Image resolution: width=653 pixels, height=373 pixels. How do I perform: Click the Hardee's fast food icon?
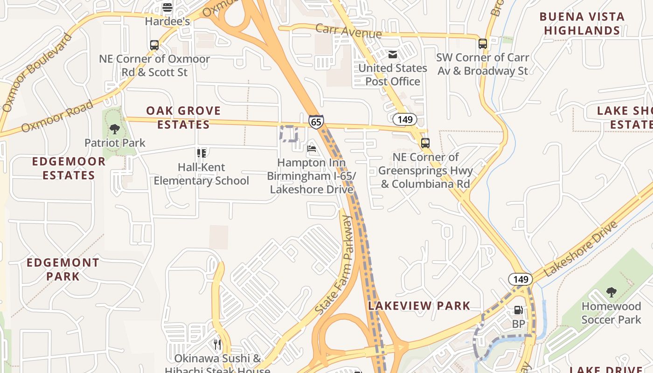pos(167,7)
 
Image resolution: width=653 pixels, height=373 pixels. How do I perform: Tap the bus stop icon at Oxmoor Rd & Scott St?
pos(154,45)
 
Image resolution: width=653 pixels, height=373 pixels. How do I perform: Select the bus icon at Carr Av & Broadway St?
pos(483,44)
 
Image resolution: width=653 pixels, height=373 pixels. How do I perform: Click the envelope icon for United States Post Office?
pos(393,55)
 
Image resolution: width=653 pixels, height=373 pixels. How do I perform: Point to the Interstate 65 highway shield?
pos(316,122)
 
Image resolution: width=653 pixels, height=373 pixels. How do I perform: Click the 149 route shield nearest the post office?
pos(405,119)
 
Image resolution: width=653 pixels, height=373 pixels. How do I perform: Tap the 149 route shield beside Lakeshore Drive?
pos(521,279)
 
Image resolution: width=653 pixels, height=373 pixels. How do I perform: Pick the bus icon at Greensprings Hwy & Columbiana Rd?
pos(425,143)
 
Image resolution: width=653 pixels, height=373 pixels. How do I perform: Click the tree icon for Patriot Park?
pos(115,129)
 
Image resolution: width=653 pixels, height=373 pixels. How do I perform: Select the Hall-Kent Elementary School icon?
pos(201,153)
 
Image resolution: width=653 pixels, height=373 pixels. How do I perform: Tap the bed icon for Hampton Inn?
pos(312,149)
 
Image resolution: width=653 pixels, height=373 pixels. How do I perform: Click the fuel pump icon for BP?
pos(518,310)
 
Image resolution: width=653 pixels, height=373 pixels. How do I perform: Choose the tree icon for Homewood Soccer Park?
pos(611,292)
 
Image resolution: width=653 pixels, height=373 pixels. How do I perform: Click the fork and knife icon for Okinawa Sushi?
pos(217,345)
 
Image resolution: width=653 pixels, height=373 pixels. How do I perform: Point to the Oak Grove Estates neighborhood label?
pos(183,117)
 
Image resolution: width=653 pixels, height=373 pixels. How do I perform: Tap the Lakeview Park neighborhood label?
pos(419,306)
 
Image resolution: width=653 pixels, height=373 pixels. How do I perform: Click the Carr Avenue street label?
pos(348,31)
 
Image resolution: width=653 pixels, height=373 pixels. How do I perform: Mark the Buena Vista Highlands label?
pos(582,24)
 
